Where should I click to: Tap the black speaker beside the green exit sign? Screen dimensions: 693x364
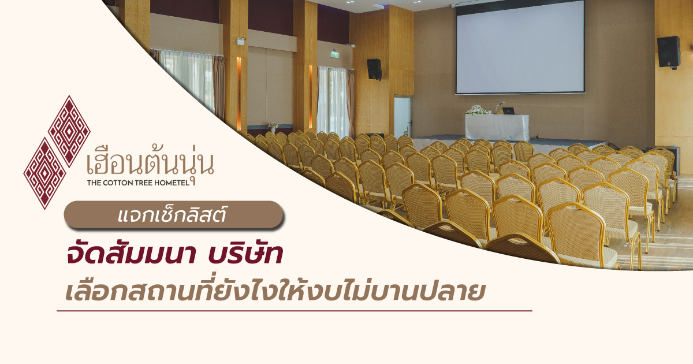[x=374, y=69]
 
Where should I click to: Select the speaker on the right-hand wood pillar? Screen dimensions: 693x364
[x=669, y=51]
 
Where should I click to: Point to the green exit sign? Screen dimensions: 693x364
[x=335, y=54]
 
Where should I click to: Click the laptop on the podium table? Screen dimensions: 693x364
[x=508, y=111]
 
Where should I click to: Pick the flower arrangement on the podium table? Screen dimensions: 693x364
[x=477, y=110]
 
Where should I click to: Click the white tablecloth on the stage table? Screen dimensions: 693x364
[x=497, y=127]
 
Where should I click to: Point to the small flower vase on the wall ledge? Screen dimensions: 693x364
[x=273, y=127]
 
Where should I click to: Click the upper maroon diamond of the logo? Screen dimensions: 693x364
[x=69, y=131]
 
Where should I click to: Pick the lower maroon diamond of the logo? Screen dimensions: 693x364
[x=45, y=173]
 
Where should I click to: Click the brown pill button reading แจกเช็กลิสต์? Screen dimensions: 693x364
[x=174, y=215]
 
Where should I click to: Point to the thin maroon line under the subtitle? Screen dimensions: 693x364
[x=295, y=311]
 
